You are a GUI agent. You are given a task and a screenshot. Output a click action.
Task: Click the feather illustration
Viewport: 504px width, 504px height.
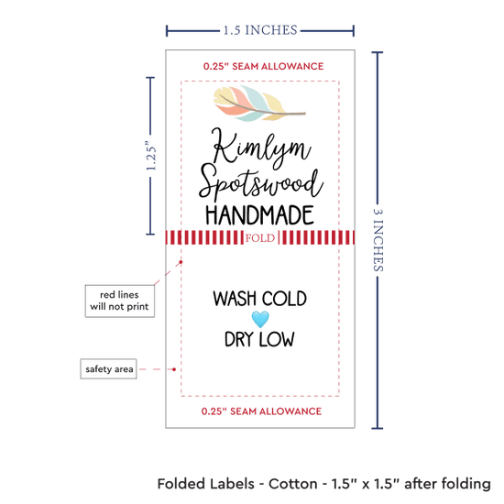click(x=258, y=104)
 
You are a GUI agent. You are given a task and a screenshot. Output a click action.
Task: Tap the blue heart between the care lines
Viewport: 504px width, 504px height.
click(x=260, y=319)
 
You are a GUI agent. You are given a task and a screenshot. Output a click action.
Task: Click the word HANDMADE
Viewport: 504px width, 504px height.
click(x=259, y=215)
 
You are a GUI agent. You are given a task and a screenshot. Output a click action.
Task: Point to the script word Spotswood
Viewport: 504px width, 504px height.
click(x=260, y=183)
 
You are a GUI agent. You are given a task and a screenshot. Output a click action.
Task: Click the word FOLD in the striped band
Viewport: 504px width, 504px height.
click(x=260, y=238)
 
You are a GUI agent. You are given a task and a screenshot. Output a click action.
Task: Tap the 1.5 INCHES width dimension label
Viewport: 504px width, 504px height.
click(x=260, y=30)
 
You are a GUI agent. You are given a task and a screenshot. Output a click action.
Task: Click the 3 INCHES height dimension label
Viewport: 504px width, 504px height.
click(x=378, y=240)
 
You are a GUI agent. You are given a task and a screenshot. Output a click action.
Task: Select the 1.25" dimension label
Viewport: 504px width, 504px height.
click(x=151, y=156)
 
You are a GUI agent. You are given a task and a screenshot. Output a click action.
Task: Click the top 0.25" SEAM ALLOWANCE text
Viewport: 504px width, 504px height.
click(x=263, y=66)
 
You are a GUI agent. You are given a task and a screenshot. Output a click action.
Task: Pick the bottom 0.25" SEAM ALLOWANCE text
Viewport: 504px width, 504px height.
click(x=261, y=411)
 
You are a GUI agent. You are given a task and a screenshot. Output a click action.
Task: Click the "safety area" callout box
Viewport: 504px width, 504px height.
click(x=109, y=369)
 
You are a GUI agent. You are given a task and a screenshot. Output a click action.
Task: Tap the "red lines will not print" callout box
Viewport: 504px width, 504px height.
click(x=119, y=301)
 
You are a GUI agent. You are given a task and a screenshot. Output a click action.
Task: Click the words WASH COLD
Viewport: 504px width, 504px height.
click(x=259, y=299)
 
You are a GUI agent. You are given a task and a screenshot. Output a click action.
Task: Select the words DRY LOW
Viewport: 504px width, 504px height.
click(x=259, y=339)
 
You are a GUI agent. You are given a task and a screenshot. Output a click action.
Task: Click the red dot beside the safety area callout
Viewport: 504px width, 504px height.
click(x=174, y=369)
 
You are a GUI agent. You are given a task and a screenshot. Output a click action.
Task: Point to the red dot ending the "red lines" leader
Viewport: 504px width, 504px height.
click(x=181, y=262)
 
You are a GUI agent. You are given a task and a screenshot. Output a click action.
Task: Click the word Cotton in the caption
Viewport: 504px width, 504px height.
click(x=293, y=484)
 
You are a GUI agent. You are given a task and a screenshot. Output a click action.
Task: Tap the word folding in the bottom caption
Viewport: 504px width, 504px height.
click(x=466, y=485)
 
